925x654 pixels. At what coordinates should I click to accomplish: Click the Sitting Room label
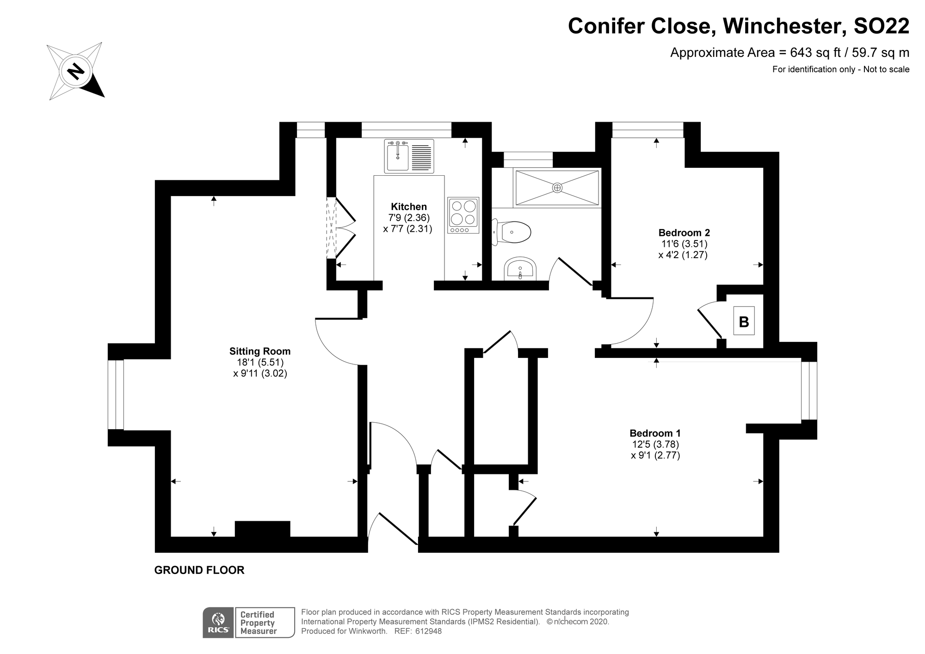tap(260, 351)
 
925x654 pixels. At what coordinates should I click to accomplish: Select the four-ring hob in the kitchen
tap(463, 215)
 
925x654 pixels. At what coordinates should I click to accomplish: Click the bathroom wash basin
tap(520, 269)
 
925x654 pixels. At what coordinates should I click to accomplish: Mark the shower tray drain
tap(557, 187)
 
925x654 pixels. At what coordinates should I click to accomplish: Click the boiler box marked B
tap(744, 321)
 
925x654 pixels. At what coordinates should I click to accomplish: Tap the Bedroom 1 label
tap(655, 433)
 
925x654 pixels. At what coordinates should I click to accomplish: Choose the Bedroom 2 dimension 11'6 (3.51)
tap(684, 244)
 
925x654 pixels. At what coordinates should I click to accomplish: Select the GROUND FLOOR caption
tap(199, 570)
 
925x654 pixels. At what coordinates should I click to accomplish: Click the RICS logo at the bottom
tap(219, 623)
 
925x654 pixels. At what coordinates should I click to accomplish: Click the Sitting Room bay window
tap(116, 395)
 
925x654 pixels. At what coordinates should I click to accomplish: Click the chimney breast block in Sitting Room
tap(262, 529)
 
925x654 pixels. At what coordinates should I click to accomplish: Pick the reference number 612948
tap(429, 631)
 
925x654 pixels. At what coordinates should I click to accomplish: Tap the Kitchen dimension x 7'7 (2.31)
tap(407, 228)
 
